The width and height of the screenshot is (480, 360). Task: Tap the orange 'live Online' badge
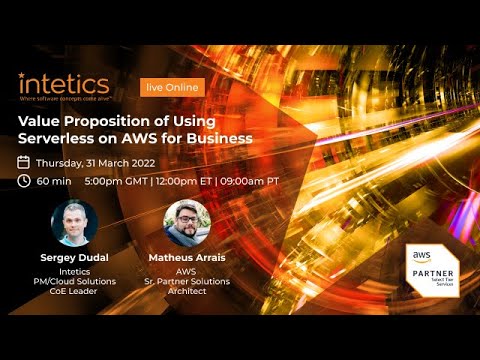[172, 87]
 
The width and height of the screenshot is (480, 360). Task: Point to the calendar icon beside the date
[24, 162]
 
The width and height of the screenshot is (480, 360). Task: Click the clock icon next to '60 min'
[24, 181]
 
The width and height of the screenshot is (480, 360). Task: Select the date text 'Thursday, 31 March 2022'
[99, 162]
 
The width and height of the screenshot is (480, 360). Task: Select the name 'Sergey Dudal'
[75, 257]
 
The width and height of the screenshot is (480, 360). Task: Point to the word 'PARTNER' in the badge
[437, 274]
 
